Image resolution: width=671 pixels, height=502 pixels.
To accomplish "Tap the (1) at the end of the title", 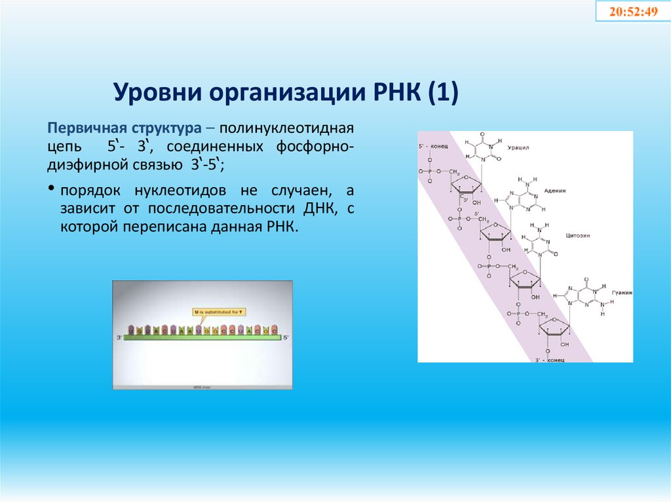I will [x=444, y=92].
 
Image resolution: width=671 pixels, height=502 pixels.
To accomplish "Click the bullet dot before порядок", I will [x=50, y=188].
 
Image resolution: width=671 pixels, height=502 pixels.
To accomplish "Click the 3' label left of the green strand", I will [x=119, y=337].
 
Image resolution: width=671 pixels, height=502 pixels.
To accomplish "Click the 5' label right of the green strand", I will [x=286, y=337].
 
